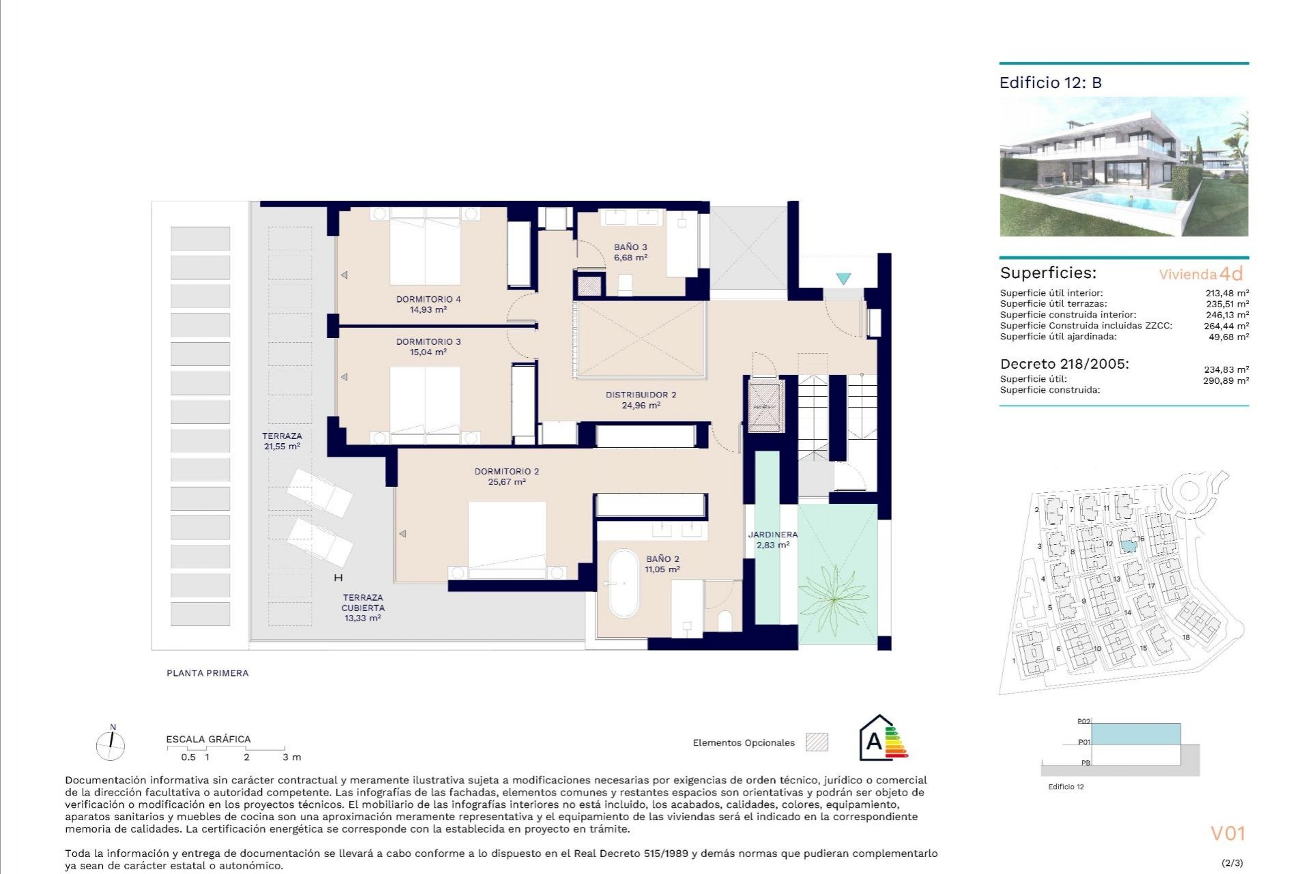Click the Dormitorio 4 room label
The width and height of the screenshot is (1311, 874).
(428, 299)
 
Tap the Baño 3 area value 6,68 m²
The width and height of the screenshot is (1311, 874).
(630, 258)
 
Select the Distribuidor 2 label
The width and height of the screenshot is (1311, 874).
(640, 395)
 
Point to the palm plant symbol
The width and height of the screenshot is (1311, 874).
(834, 600)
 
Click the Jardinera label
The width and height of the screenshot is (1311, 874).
(772, 535)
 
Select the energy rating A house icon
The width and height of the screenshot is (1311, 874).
(876, 738)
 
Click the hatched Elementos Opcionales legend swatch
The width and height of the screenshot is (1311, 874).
(817, 742)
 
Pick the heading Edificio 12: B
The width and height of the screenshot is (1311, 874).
(1050, 83)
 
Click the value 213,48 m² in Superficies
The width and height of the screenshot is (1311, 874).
(1227, 293)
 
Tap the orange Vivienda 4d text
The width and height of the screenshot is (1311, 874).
(1200, 274)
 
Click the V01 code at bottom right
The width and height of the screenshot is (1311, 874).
(1228, 834)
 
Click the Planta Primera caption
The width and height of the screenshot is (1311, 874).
(208, 673)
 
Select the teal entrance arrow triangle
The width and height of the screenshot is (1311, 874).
(843, 279)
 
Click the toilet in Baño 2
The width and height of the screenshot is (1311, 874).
(725, 621)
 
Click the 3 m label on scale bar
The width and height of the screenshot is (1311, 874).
(292, 757)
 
